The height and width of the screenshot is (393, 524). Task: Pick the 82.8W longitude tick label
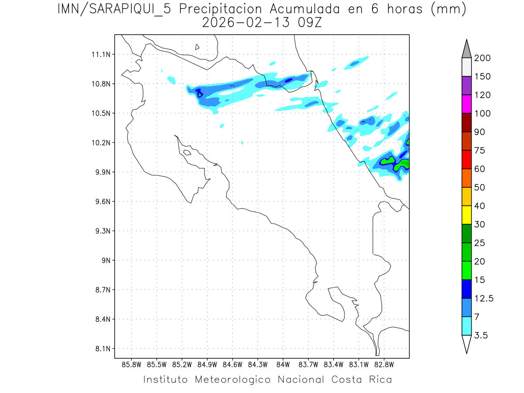click(x=384, y=364)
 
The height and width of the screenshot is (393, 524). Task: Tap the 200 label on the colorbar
click(x=483, y=58)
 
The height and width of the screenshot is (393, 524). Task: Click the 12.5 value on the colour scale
click(x=484, y=298)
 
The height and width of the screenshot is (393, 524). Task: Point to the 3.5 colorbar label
click(x=482, y=335)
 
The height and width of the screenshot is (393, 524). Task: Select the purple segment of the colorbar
click(x=466, y=86)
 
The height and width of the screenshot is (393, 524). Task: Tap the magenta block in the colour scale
click(x=466, y=104)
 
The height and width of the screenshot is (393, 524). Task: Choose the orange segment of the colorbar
click(x=466, y=178)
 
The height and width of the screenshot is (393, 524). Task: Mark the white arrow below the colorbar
click(x=466, y=344)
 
